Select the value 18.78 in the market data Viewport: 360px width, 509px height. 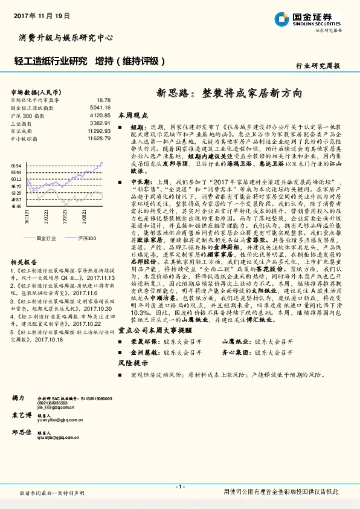click(x=103, y=100)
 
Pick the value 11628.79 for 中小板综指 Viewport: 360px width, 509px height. click(x=98, y=138)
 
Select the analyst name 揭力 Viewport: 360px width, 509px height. click(x=18, y=398)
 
